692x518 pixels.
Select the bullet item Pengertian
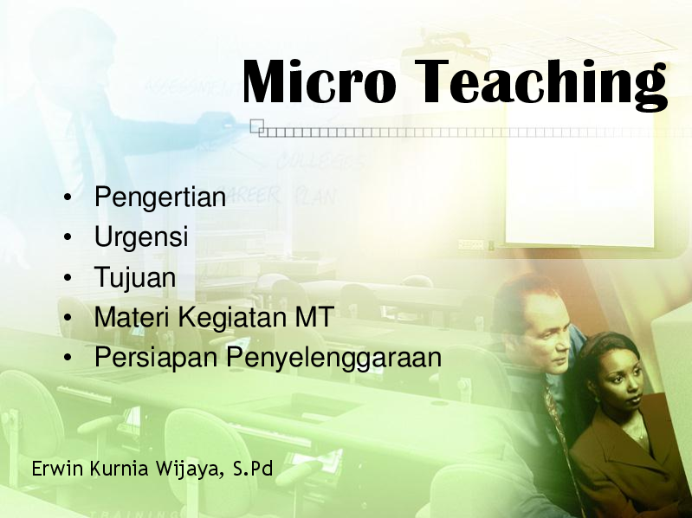pyautogui.click(x=160, y=198)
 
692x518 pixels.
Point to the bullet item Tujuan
pyautogui.click(x=135, y=278)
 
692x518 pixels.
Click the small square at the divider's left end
pyautogui.click(x=255, y=126)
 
